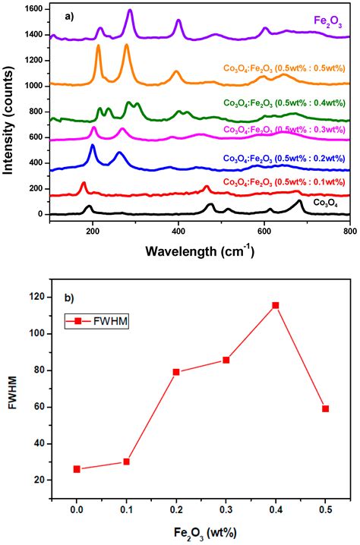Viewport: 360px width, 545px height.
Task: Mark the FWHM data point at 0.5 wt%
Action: tap(325, 408)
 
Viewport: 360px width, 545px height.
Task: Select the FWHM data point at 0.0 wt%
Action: tap(77, 469)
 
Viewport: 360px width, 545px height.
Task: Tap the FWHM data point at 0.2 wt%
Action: tap(176, 372)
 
